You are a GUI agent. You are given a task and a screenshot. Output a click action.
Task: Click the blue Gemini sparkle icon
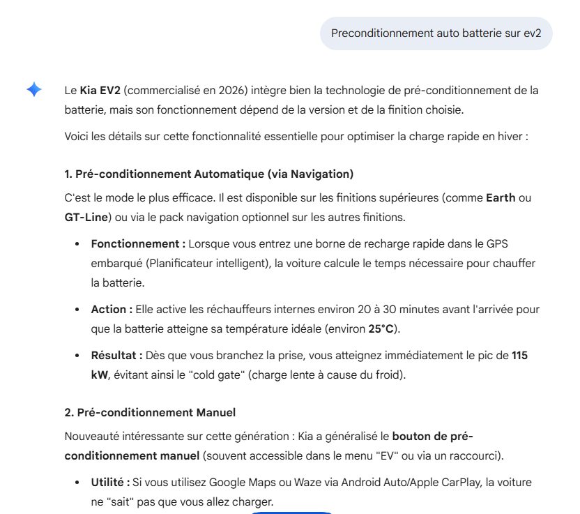(34, 90)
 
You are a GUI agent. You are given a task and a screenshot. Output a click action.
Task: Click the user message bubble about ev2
(436, 33)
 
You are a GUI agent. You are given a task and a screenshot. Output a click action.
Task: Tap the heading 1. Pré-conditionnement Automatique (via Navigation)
(209, 174)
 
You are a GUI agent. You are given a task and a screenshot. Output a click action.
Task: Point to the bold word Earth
(501, 197)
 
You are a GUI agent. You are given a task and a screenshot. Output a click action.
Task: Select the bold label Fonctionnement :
(138, 243)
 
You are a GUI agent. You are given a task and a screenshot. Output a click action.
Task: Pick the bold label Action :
(112, 309)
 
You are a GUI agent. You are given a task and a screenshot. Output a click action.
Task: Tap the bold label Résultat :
(116, 355)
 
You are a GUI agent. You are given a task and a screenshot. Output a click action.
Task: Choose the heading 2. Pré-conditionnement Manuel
(150, 412)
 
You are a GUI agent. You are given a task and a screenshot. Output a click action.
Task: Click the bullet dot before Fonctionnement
(77, 244)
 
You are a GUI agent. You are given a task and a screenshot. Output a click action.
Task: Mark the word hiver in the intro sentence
(508, 136)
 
